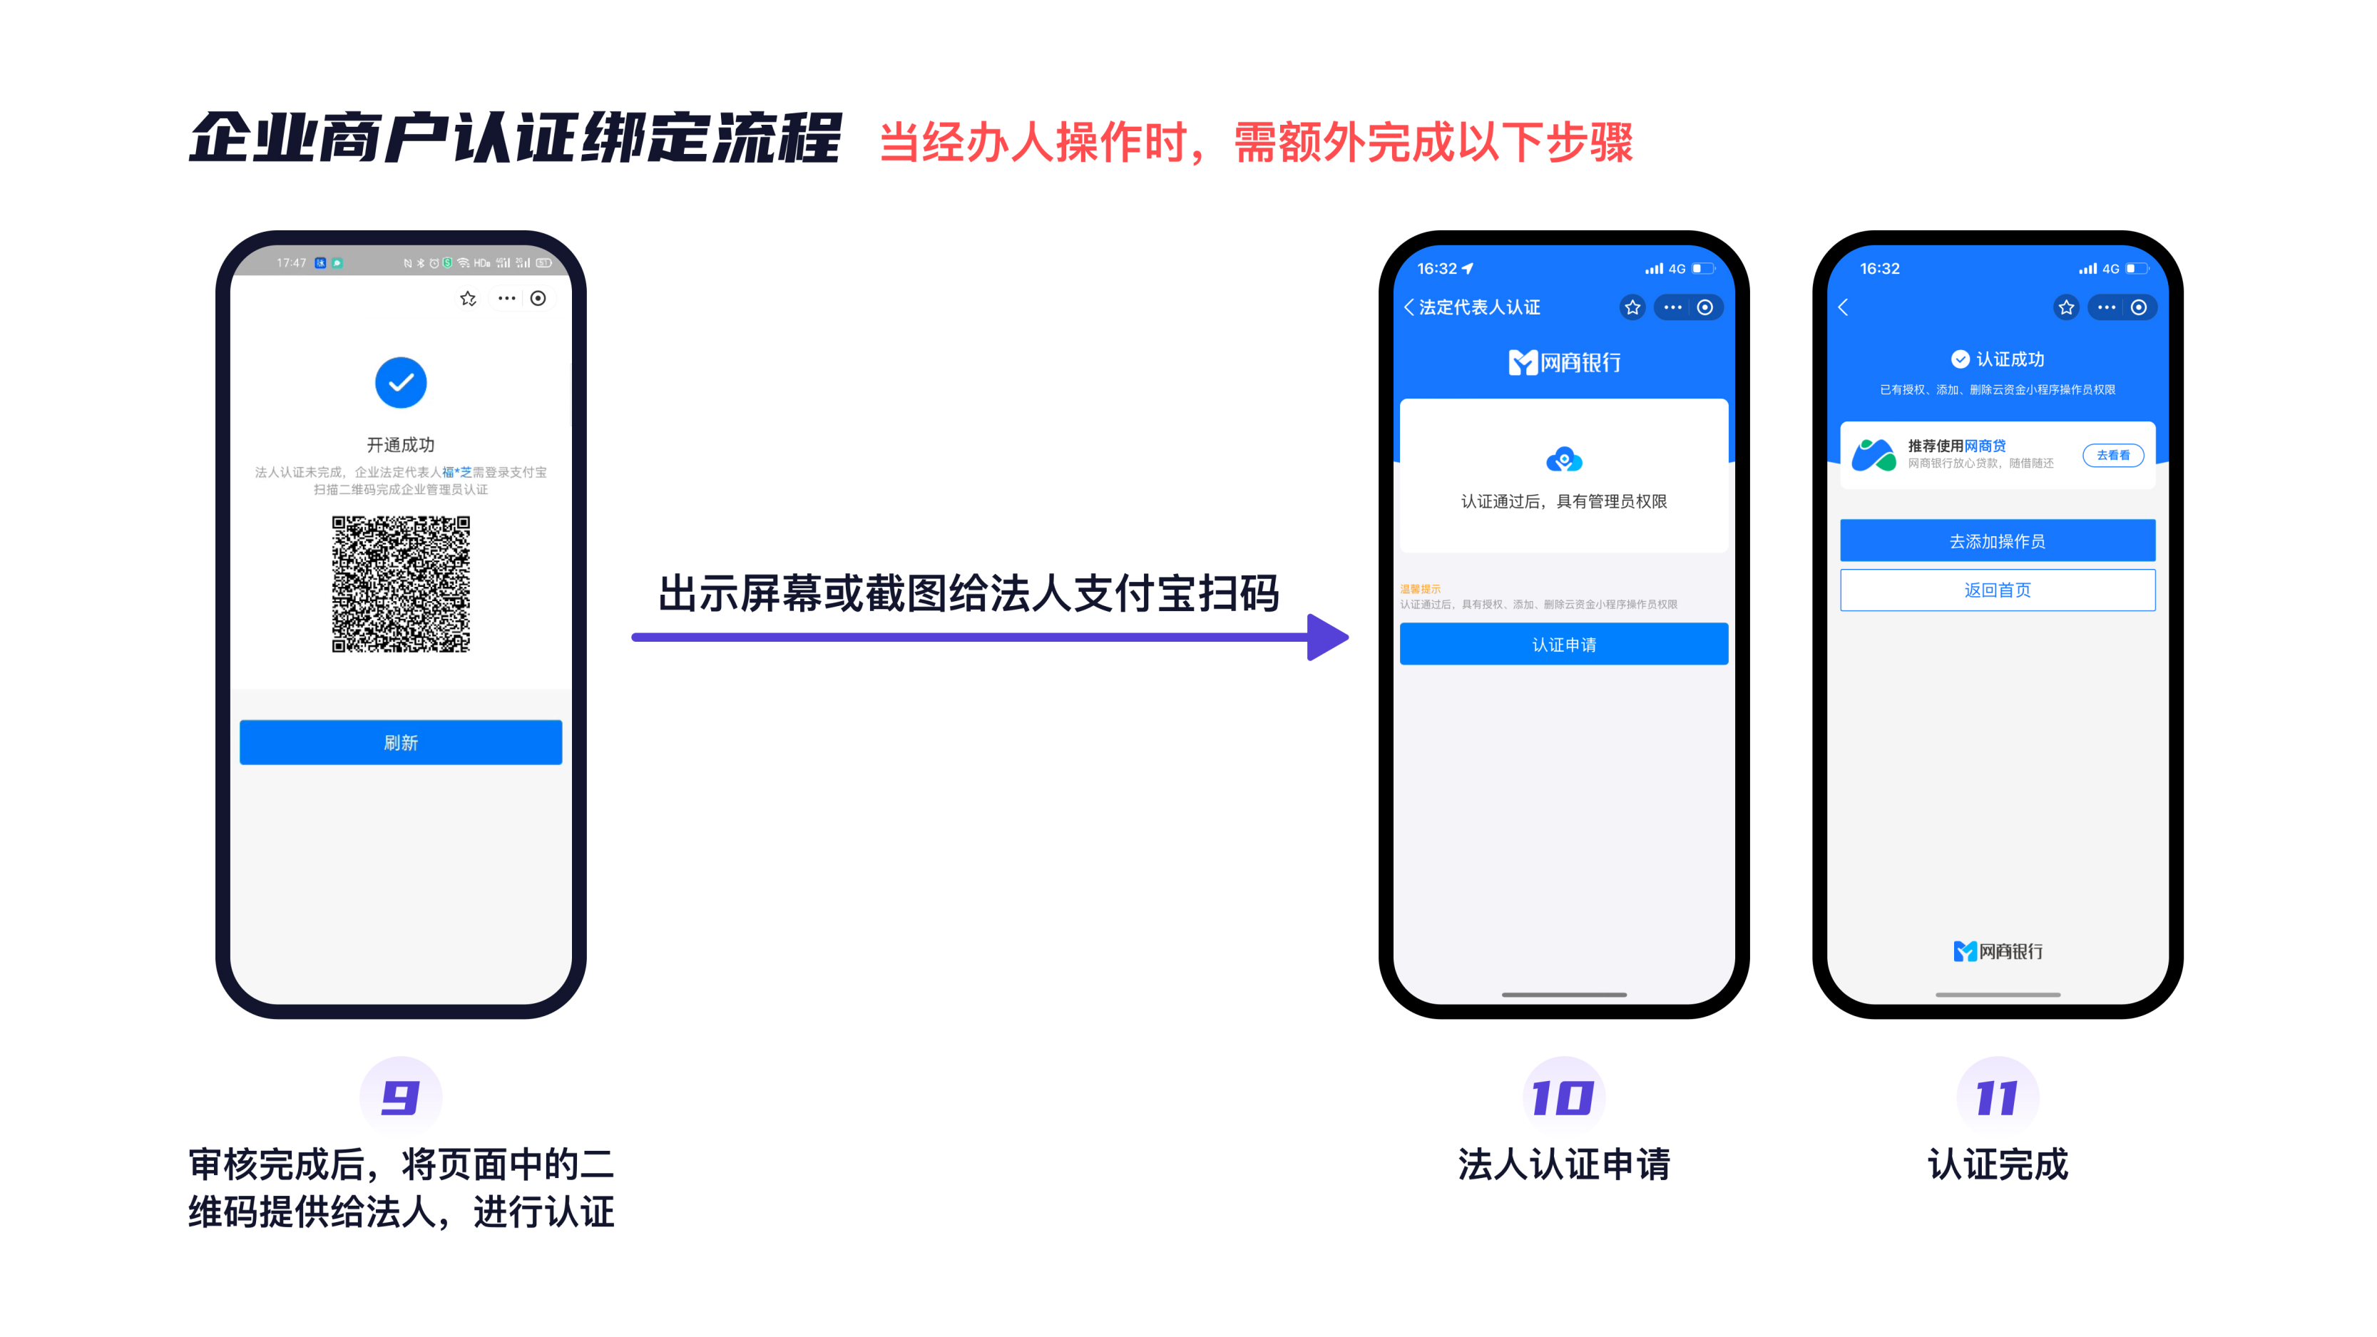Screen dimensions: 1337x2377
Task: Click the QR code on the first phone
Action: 401,584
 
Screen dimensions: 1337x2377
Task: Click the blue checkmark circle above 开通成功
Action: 401,382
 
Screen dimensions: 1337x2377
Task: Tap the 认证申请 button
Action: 1563,644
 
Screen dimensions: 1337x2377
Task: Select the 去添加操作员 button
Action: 1997,541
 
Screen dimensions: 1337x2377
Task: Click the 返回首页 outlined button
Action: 1997,590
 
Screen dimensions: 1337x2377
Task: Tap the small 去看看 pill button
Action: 2112,455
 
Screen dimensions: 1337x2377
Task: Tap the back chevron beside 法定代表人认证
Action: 1408,307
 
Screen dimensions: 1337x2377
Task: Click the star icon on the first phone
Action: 468,298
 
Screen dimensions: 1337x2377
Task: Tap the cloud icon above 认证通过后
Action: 1563,459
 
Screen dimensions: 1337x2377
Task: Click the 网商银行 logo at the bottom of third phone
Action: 1997,951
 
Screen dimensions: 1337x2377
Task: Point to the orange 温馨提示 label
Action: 1419,589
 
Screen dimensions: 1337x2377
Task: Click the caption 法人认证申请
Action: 1563,1164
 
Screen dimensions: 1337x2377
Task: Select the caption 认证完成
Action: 1997,1164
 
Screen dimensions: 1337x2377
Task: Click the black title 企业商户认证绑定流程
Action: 514,138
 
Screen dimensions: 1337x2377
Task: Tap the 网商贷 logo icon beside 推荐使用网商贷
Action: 1874,455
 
